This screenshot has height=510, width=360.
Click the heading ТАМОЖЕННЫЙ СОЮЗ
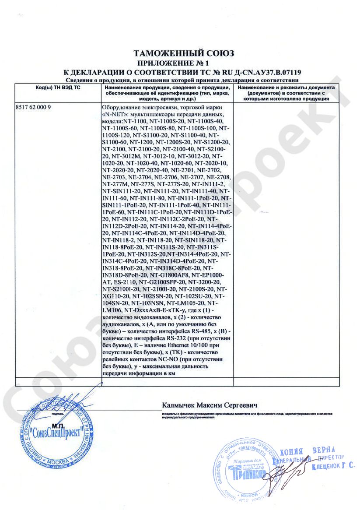pyautogui.click(x=184, y=53)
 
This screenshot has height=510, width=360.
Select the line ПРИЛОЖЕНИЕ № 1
pyautogui.click(x=184, y=63)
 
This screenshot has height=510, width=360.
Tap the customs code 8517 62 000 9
pyautogui.click(x=34, y=107)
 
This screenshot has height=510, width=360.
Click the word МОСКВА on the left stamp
pyautogui.click(x=56, y=462)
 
